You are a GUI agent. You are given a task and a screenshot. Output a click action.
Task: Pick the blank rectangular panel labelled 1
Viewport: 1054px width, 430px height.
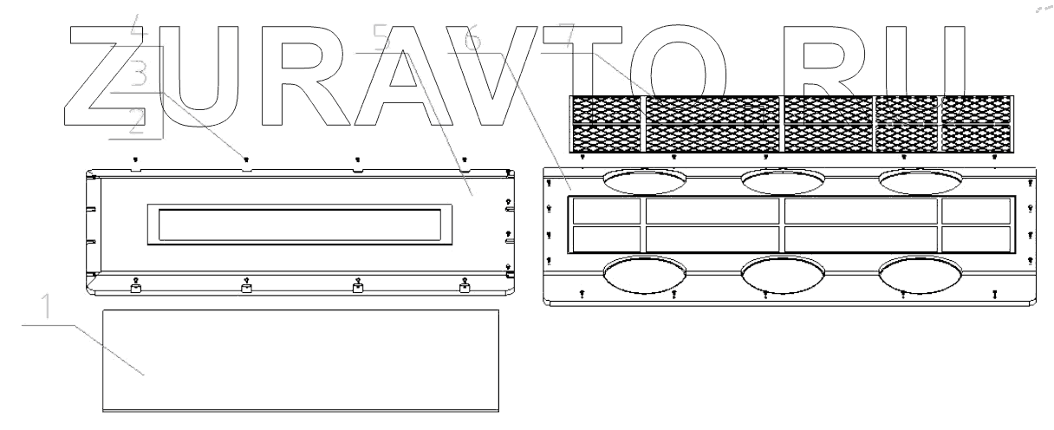coord(301,359)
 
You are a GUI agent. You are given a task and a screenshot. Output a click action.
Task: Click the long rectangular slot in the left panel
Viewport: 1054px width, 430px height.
coord(301,225)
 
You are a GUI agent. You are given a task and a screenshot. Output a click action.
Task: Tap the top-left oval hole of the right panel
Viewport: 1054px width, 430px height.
coord(644,180)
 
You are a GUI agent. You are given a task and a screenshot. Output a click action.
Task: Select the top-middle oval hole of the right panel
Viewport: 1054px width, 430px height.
coord(782,180)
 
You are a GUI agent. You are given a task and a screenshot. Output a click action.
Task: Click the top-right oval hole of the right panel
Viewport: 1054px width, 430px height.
coord(920,180)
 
